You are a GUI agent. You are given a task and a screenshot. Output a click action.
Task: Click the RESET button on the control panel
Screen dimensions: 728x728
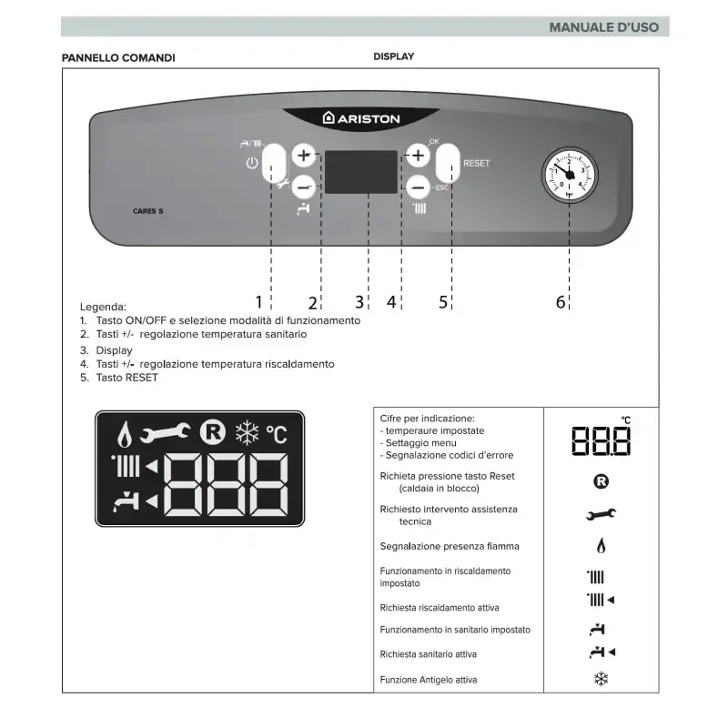(450, 165)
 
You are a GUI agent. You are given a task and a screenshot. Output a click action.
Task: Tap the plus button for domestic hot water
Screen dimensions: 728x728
(304, 156)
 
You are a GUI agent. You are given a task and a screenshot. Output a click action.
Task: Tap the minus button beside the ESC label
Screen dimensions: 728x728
(418, 187)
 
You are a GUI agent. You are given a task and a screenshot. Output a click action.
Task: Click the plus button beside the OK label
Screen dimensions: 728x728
(418, 156)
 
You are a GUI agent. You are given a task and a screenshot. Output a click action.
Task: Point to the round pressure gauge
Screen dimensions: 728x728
(569, 175)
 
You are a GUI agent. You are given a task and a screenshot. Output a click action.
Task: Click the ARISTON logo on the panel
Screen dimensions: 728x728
(361, 118)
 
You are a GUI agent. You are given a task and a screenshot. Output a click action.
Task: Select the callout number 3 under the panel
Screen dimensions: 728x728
(359, 302)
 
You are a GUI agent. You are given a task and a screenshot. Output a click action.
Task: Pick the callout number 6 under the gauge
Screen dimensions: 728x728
(561, 302)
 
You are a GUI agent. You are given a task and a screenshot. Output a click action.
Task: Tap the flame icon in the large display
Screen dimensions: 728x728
(126, 431)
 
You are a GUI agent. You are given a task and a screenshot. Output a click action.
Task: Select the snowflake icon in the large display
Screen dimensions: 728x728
(247, 431)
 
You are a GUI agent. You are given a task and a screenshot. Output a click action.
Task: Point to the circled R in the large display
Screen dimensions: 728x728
(213, 431)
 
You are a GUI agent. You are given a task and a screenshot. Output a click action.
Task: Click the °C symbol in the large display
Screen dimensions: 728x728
(276, 433)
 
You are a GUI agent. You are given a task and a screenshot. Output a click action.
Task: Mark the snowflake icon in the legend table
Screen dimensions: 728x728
(601, 679)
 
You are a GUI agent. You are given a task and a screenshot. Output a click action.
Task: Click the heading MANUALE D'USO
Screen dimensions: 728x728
(603, 27)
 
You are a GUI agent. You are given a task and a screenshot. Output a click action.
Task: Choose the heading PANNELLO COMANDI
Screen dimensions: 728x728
(118, 57)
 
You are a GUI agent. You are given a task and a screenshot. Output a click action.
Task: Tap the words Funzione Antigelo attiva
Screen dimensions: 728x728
(428, 680)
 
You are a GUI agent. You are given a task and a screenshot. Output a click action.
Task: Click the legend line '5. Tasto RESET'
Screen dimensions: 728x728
(118, 378)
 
